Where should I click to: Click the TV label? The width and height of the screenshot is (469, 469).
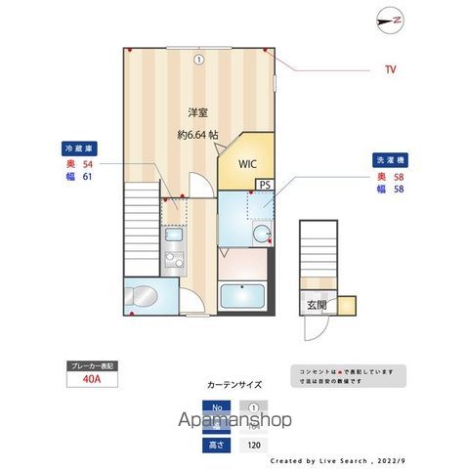point(390,69)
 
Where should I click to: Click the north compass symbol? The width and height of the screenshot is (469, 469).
point(393,20)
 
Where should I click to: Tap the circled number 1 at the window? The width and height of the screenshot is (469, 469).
point(198,59)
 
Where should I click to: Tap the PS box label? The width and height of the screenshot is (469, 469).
point(265,185)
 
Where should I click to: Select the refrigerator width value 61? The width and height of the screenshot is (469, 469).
point(87,178)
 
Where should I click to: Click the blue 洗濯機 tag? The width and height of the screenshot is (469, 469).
point(387,159)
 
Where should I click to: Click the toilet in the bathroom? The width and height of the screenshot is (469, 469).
point(143,295)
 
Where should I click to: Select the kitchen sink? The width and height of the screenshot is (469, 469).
point(172,234)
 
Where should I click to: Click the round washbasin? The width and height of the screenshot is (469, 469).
point(261,233)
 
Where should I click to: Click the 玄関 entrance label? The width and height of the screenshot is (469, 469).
point(317,306)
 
